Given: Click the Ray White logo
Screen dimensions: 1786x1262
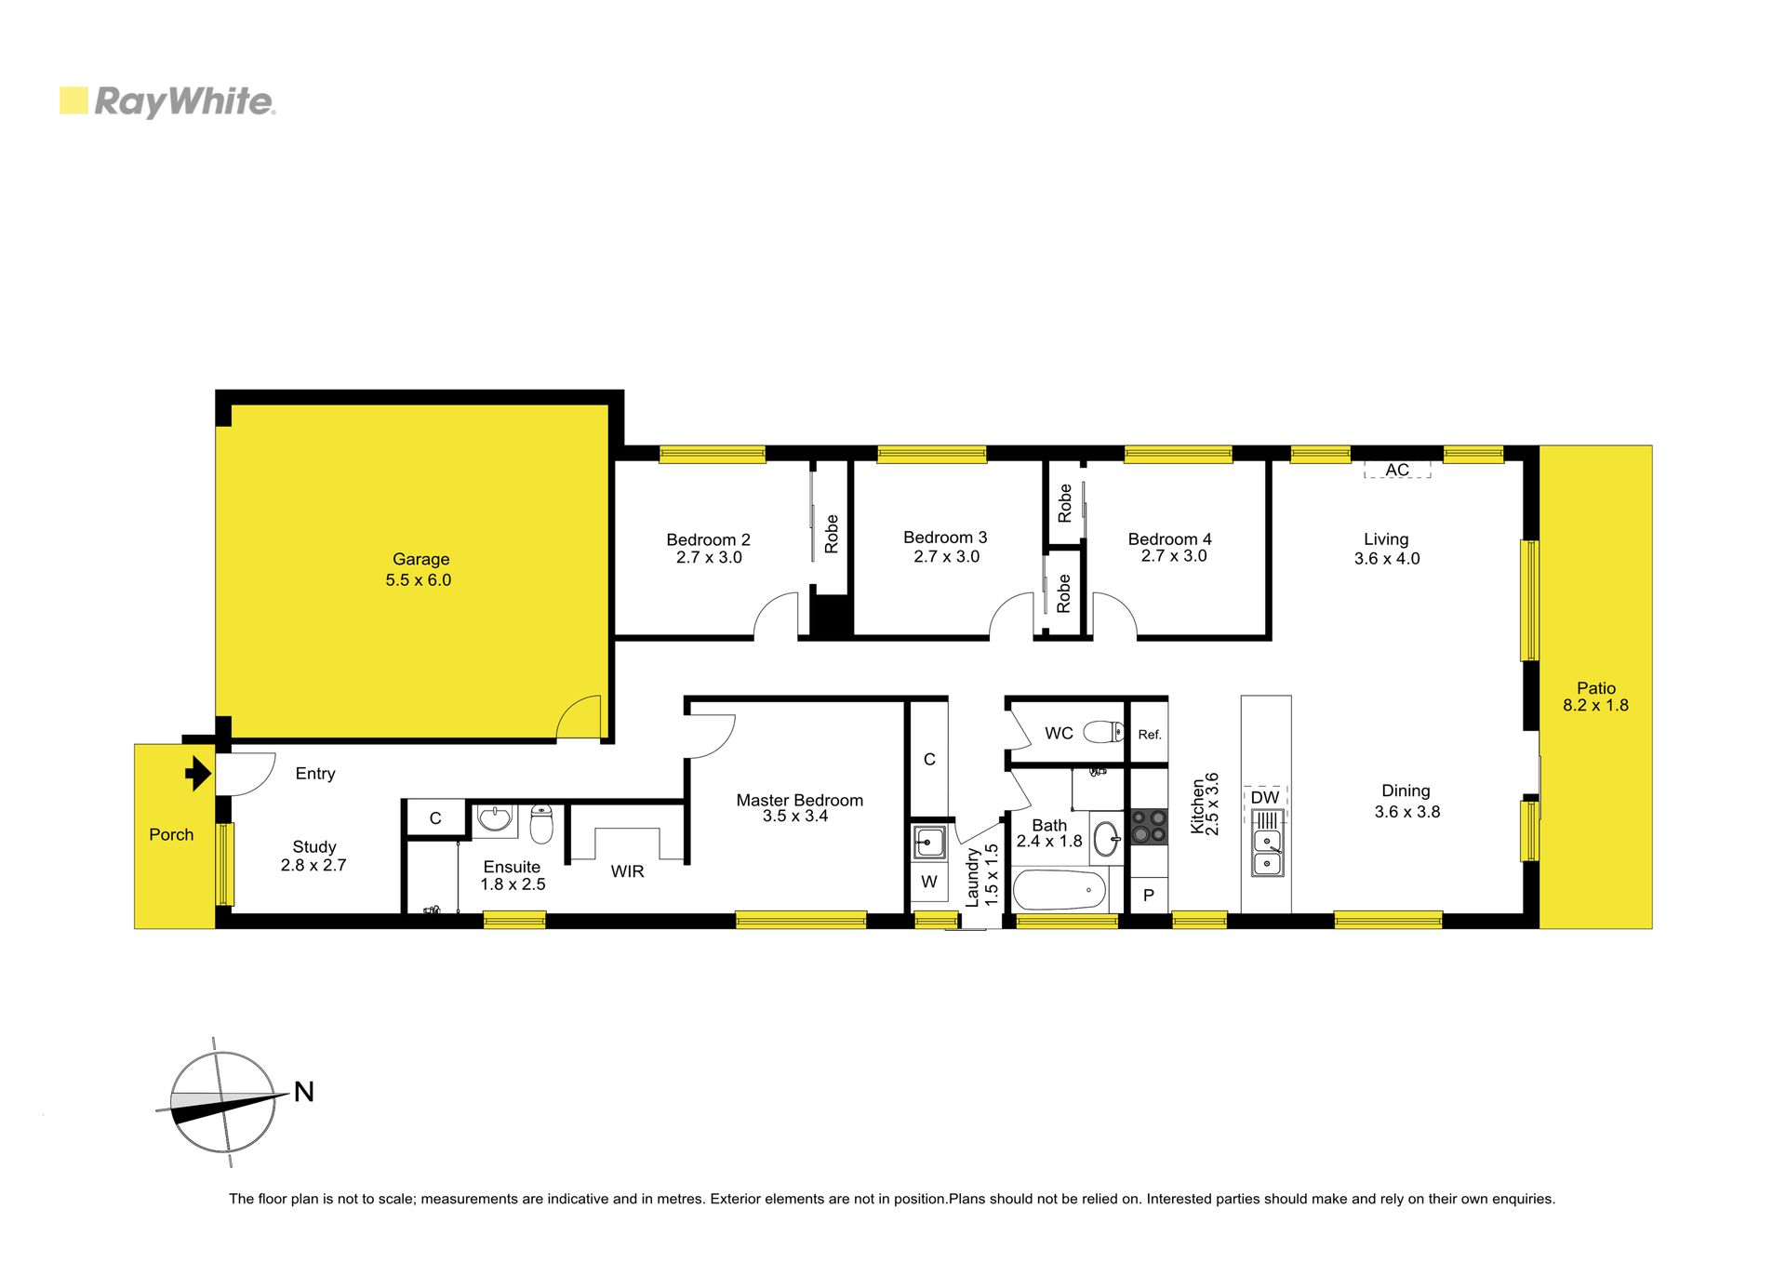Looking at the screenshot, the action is tap(167, 101).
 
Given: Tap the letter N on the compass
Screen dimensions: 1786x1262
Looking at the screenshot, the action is tap(304, 1092).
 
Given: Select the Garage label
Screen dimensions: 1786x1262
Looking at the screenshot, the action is tap(420, 559).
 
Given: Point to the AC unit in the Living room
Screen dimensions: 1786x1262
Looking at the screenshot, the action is tap(1397, 470).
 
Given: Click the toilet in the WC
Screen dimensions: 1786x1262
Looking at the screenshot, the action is tap(1105, 733).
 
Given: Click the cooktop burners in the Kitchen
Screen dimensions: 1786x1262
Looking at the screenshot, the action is tap(1149, 827).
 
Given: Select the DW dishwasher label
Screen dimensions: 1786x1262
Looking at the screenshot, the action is tap(1265, 797).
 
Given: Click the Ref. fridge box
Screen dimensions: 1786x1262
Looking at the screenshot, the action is tap(1149, 734).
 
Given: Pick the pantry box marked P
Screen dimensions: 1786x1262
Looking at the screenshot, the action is tap(1149, 896).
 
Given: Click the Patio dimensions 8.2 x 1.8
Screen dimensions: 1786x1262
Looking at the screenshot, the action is tap(1595, 705).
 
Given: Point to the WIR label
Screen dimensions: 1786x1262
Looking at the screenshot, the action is tap(627, 871).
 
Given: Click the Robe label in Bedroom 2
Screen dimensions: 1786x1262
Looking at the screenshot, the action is tap(832, 535).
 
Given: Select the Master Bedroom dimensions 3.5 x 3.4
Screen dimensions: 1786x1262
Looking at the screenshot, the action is tap(795, 817).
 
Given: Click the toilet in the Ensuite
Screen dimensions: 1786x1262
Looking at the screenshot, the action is tap(541, 824).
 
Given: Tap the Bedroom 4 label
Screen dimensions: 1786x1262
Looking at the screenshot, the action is tap(1169, 539).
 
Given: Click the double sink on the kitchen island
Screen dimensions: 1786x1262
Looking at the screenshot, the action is tap(1267, 844).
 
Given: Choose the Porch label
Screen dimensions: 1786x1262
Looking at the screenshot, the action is tap(171, 834).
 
